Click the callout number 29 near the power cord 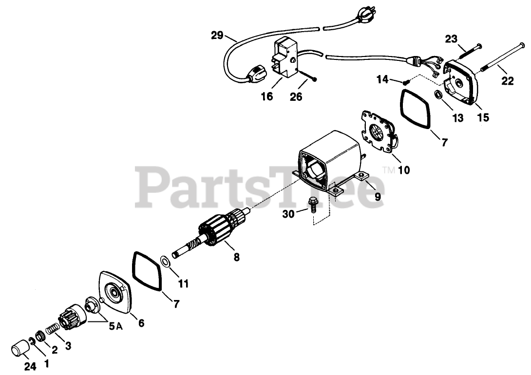pyautogui.click(x=217, y=35)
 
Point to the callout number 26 pyautogui.click(x=296, y=97)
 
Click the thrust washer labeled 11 pyautogui.click(x=166, y=262)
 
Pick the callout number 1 pyautogui.click(x=47, y=362)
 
